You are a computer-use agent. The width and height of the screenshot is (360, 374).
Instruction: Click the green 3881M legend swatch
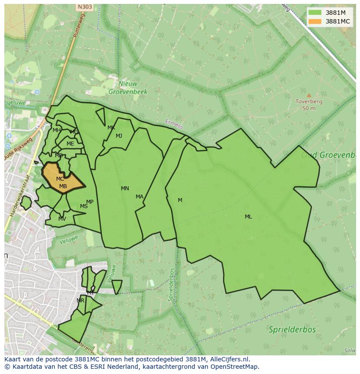pyautogui.click(x=315, y=13)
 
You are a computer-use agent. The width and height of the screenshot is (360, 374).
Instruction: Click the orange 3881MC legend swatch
pyautogui.click(x=315, y=21)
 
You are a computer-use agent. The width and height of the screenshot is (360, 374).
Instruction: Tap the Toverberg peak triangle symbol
pyautogui.click(x=309, y=95)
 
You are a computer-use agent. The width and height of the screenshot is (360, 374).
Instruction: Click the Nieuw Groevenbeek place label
pyautogui.click(x=128, y=88)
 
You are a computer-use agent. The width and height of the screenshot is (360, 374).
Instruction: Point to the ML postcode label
pyautogui.click(x=248, y=217)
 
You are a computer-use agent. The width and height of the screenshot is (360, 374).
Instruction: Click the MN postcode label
pyautogui.click(x=125, y=189)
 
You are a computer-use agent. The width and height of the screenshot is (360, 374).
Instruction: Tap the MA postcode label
pyautogui.click(x=139, y=197)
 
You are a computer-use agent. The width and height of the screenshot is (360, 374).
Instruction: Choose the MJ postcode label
pyautogui.click(x=119, y=136)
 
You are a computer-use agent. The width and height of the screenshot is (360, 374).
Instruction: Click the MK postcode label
pyautogui.click(x=111, y=128)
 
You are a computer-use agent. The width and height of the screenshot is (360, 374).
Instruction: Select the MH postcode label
pyautogui.click(x=57, y=130)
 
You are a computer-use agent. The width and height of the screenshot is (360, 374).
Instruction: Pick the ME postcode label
pyautogui.click(x=70, y=144)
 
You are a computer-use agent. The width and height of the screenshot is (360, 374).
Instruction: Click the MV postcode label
pyautogui.click(x=62, y=219)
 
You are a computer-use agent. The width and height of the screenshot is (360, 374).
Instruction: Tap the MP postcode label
pyautogui.click(x=90, y=202)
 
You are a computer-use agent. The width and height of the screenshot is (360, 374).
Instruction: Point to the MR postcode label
pyautogui.click(x=80, y=301)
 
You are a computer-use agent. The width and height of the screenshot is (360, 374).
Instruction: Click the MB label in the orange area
pyautogui.click(x=63, y=186)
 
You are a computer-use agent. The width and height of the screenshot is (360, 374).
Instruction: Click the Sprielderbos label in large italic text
pyautogui.click(x=292, y=329)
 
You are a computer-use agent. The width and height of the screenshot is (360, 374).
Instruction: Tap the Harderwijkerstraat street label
pyautogui.click(x=19, y=195)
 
